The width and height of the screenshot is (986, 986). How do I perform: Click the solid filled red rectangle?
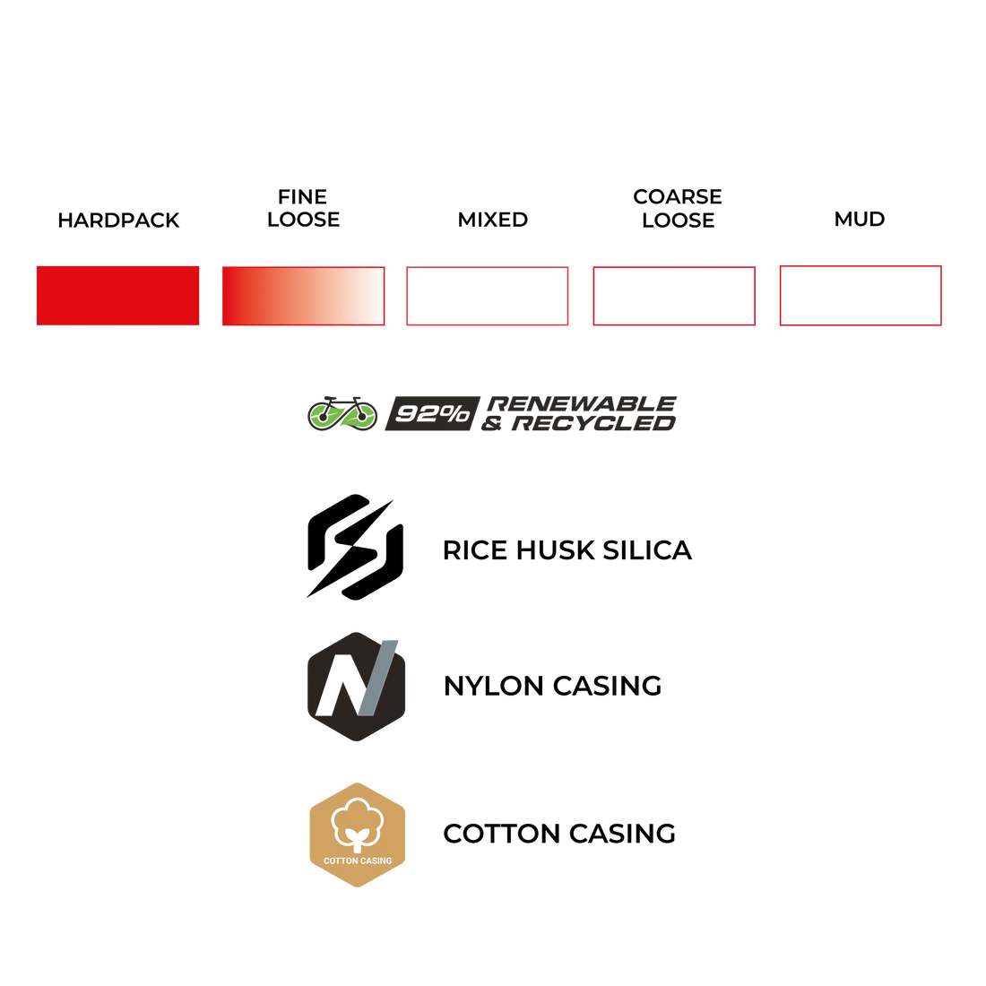click(x=117, y=295)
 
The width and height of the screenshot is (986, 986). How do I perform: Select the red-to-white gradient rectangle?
click(x=303, y=296)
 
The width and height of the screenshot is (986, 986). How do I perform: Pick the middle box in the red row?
click(x=487, y=296)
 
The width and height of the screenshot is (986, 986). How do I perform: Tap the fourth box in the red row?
click(x=674, y=296)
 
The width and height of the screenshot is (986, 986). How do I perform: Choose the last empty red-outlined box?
click(x=860, y=295)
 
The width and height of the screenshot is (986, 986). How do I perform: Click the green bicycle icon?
click(x=342, y=413)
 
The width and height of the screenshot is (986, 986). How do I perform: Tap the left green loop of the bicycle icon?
click(x=324, y=416)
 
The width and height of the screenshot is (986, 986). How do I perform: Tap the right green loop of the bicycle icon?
click(x=360, y=416)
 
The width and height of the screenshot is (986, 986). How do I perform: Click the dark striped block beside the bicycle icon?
click(x=427, y=414)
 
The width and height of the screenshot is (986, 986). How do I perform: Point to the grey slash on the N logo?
click(x=376, y=678)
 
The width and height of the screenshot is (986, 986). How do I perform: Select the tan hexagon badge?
click(x=358, y=835)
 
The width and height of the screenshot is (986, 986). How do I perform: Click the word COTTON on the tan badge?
click(x=341, y=861)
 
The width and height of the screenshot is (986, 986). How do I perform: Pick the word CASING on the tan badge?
click(x=376, y=861)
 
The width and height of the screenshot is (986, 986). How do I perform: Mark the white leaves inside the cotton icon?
click(x=358, y=841)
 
